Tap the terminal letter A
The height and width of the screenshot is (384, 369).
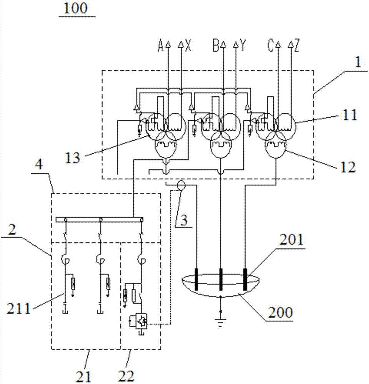[160, 46]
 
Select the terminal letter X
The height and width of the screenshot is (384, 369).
[188, 46]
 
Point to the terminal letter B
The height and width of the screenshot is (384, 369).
[216, 46]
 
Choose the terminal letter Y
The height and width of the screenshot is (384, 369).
[243, 46]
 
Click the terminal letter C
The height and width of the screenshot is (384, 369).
[271, 46]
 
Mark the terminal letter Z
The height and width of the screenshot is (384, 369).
[297, 46]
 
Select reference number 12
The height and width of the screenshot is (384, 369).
[348, 167]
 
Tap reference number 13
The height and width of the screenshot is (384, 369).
[73, 157]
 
